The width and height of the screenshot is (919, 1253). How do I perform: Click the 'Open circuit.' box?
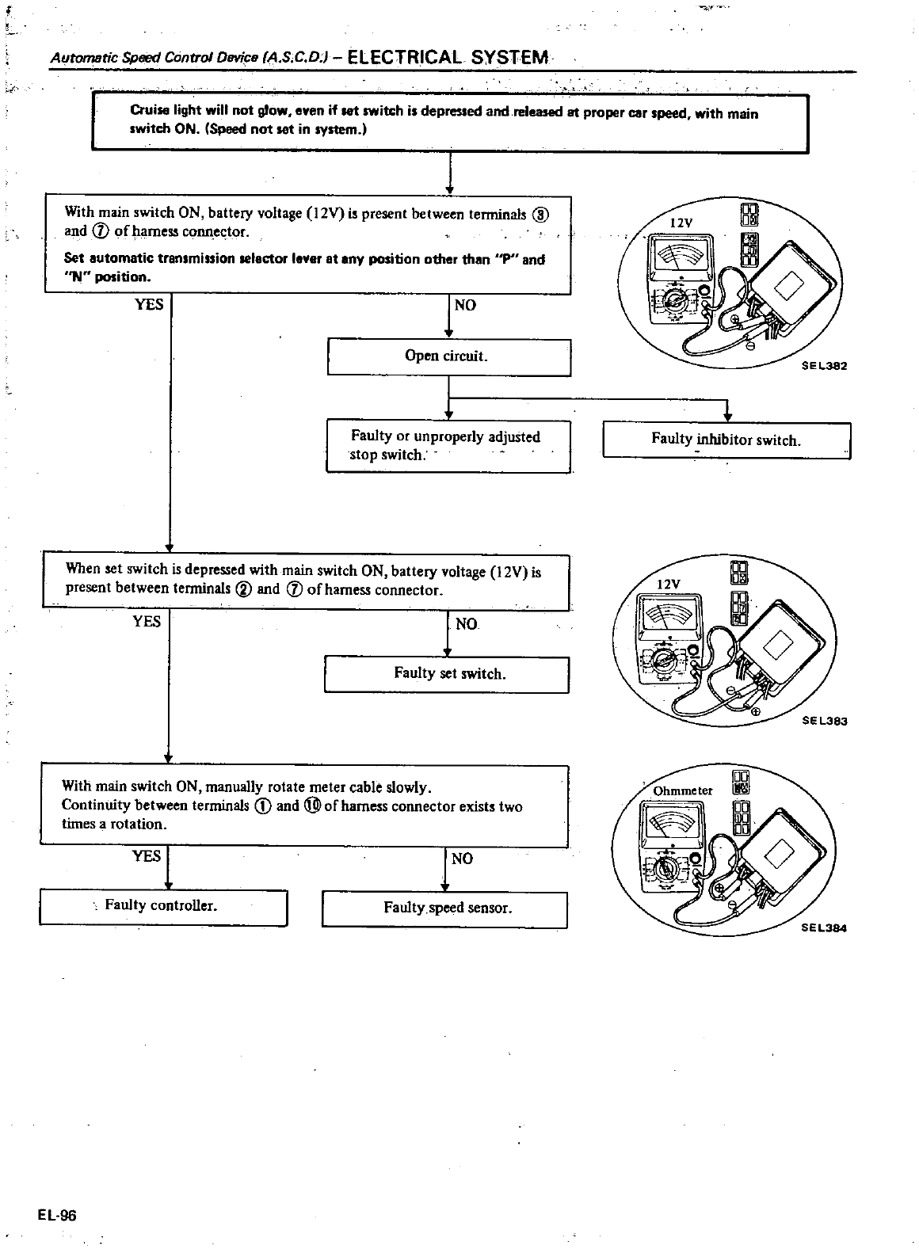pyautogui.click(x=448, y=356)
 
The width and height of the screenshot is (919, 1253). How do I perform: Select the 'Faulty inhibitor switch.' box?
pyautogui.click(x=726, y=440)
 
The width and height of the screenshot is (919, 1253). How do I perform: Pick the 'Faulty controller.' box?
pyautogui.click(x=162, y=906)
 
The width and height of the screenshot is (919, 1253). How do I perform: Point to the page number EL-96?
pyautogui.click(x=55, y=1216)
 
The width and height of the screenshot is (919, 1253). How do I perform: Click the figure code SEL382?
pyautogui.click(x=825, y=367)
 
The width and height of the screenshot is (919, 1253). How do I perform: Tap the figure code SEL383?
pyautogui.click(x=825, y=722)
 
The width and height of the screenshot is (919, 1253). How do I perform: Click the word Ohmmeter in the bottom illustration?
pyautogui.click(x=682, y=790)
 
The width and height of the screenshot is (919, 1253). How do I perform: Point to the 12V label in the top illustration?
pyautogui.click(x=681, y=223)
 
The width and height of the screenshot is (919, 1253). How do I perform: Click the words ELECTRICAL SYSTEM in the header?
pyautogui.click(x=448, y=57)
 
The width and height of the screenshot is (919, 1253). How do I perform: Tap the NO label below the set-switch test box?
pyautogui.click(x=466, y=625)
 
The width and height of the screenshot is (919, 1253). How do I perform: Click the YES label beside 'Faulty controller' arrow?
pyautogui.click(x=147, y=856)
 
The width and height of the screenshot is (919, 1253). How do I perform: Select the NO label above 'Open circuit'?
pyautogui.click(x=465, y=305)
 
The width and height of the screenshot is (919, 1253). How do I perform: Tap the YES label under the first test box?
pyautogui.click(x=149, y=304)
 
